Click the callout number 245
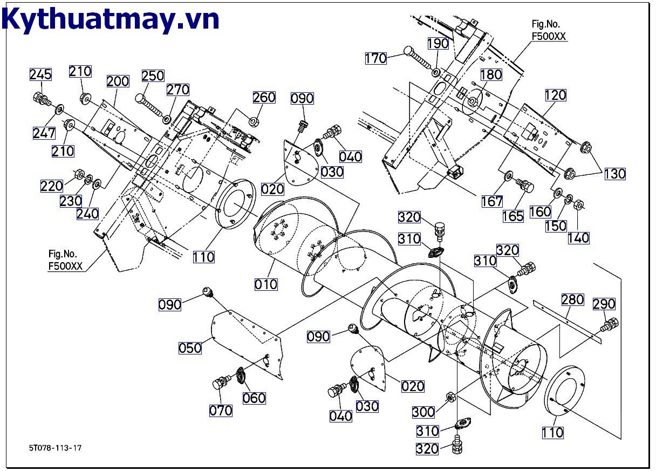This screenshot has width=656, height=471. point(40,75)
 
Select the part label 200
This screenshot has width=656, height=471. point(118,81)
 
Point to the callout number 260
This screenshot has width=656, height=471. point(264,98)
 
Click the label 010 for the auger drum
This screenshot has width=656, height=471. point(266,284)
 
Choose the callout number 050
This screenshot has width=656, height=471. point(190,348)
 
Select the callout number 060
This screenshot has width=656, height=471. point(254,398)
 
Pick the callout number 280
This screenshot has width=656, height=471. point(572,299)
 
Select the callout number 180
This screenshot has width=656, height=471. point(491,74)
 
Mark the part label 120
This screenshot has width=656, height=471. point(555,95)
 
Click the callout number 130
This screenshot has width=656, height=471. point(614,174)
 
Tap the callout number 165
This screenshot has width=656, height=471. point(513,216)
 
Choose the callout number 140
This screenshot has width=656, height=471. point(578,237)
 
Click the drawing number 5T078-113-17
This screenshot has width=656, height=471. point(56,448)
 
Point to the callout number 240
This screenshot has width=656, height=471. point(87,214)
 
